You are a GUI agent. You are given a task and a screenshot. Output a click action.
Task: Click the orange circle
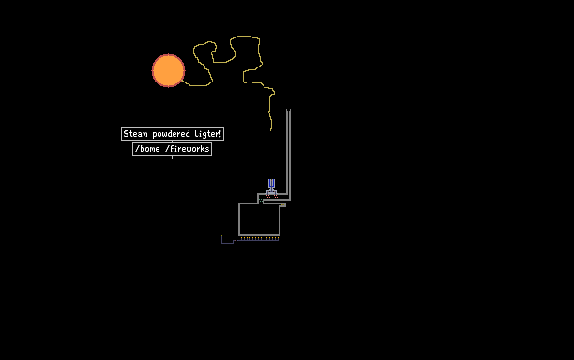click(169, 71)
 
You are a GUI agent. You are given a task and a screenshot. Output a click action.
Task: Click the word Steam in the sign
click(135, 134)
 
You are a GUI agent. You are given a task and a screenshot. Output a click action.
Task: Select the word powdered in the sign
click(171, 134)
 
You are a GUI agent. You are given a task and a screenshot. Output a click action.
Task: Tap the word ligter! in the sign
click(208, 134)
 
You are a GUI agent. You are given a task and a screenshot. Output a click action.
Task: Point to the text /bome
click(147, 149)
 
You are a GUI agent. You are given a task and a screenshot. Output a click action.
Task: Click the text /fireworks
click(187, 149)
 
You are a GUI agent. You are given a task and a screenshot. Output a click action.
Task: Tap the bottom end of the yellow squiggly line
click(271, 130)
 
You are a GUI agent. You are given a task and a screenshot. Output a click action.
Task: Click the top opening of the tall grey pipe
click(289, 110)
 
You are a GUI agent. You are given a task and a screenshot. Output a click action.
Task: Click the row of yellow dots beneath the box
click(260, 238)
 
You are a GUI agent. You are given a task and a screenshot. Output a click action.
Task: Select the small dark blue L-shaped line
click(228, 241)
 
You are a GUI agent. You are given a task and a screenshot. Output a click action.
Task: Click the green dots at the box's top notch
click(261, 200)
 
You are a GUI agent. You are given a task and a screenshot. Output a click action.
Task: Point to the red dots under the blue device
click(272, 197)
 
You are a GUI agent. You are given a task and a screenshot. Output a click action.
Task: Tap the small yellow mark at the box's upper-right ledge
click(283, 205)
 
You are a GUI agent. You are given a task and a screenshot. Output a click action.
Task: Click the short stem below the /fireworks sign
click(172, 157)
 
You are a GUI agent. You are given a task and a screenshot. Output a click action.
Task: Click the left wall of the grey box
click(239, 219)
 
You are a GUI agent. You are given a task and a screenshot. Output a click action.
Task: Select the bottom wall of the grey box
click(260, 235)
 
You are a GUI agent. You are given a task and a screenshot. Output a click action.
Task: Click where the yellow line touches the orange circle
click(183, 81)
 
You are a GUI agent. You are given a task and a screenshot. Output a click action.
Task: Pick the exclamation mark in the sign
click(220, 134)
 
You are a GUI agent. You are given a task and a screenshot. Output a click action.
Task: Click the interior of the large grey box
click(259, 219)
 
